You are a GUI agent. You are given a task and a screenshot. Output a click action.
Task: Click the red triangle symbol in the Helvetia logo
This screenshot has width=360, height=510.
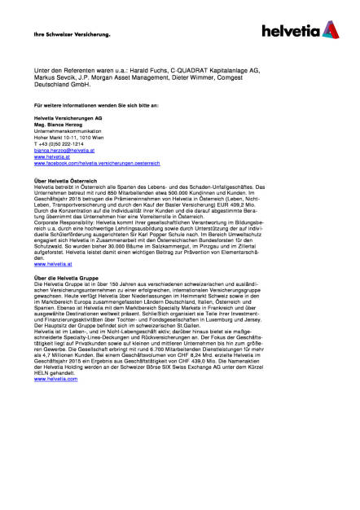(x=330, y=30)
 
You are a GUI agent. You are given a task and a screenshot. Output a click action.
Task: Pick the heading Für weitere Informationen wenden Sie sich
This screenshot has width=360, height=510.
(x=96, y=105)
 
